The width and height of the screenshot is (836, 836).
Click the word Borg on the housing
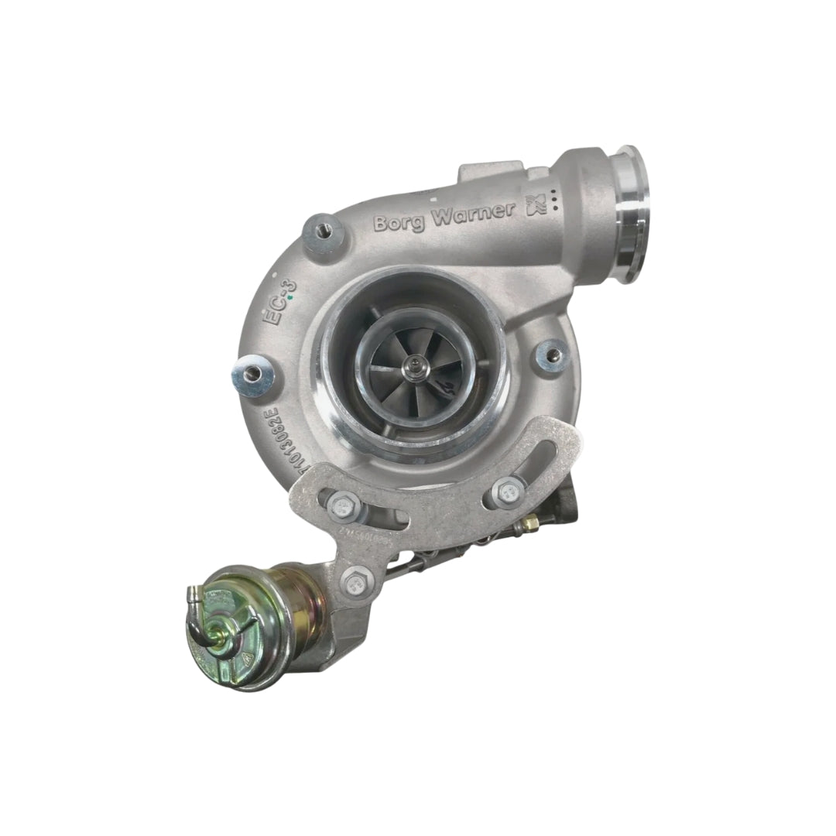coord(400,222)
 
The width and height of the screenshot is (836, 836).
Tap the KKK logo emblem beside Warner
coord(536,205)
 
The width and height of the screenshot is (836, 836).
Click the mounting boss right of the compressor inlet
coord(553,355)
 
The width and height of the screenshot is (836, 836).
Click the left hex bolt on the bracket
coord(341,507)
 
